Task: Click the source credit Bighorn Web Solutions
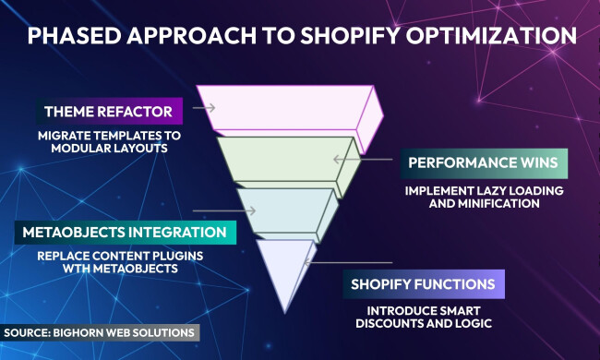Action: (x=100, y=331)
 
